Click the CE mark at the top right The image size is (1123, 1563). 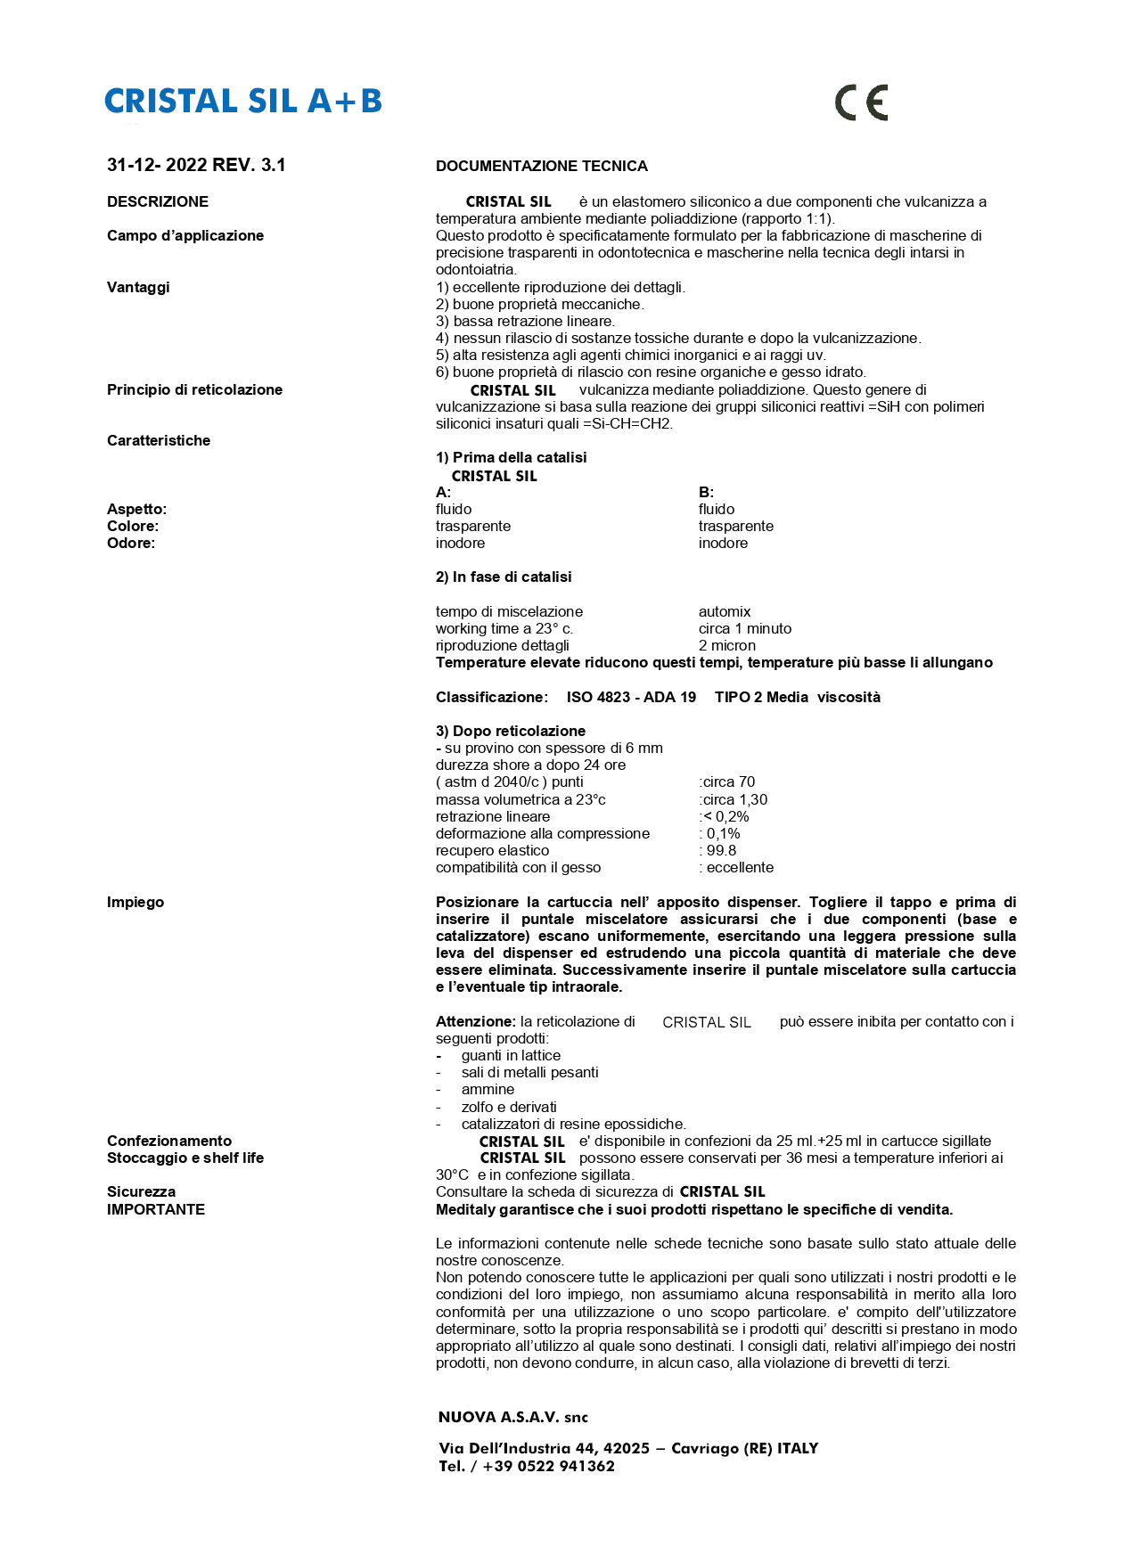[861, 102]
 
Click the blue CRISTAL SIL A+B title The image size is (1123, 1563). [243, 102]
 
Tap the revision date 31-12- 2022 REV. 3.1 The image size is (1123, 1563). [196, 165]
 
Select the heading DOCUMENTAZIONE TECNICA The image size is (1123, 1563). [541, 167]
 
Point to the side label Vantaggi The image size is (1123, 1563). [138, 287]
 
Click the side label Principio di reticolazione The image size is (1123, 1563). [194, 389]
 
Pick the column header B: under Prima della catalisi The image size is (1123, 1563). [706, 492]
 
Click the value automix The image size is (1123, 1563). [725, 611]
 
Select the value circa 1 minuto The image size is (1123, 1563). [744, 628]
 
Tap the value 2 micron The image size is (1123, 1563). [726, 645]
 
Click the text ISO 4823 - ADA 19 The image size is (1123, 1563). [631, 697]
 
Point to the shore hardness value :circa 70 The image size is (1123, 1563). [726, 781]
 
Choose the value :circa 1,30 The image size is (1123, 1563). [733, 799]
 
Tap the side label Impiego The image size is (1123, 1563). [135, 902]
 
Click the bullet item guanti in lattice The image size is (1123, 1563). [511, 1055]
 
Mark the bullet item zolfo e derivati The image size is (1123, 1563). [509, 1107]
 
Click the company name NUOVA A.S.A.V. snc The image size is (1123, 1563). [512, 1417]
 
